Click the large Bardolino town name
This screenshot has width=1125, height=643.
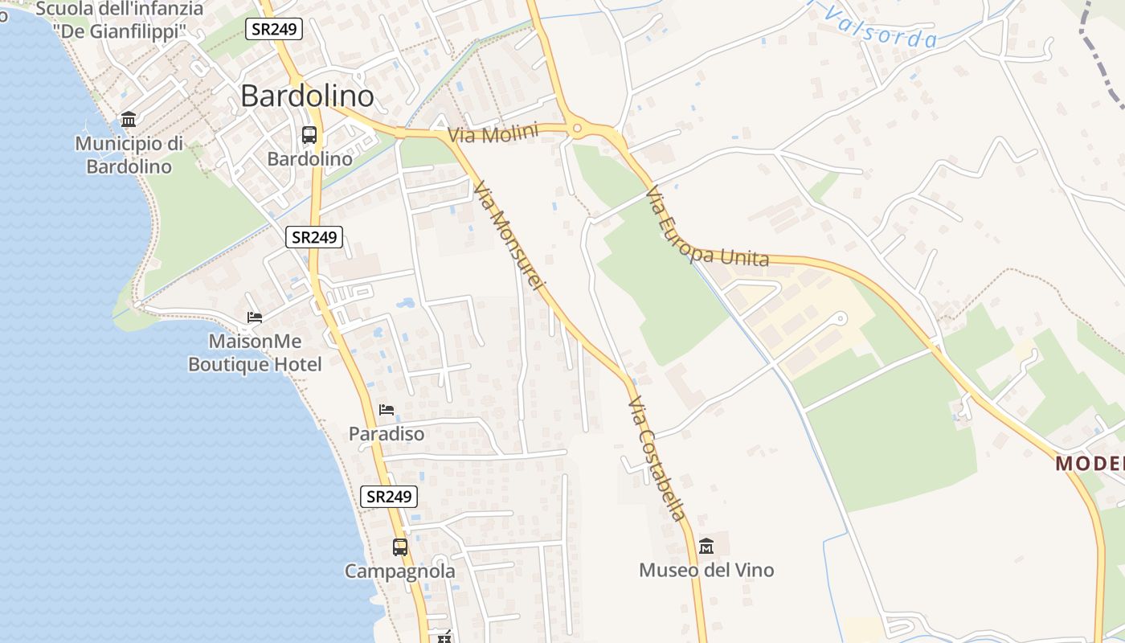(307, 96)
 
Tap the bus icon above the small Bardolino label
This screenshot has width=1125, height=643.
(309, 135)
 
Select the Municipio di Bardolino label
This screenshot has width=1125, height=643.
(129, 155)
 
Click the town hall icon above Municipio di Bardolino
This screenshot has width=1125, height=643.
(129, 120)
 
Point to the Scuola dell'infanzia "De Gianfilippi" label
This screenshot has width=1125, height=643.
(120, 20)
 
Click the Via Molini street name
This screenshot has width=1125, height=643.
(493, 133)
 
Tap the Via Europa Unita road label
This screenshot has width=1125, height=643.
(706, 229)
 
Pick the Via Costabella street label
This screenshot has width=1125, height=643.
(658, 458)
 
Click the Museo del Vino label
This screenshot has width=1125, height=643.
(706, 570)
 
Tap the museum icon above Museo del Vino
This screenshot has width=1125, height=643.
(706, 547)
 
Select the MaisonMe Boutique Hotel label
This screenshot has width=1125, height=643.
(255, 353)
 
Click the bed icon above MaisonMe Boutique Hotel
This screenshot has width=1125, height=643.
(255, 317)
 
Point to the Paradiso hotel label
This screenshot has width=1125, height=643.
(387, 433)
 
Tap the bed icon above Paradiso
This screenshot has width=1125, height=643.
(387, 409)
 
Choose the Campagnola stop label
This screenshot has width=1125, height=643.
(400, 571)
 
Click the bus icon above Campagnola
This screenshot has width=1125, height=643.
(400, 547)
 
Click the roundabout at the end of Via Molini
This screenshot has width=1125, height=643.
(576, 129)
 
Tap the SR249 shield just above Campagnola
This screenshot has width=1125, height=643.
(388, 497)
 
